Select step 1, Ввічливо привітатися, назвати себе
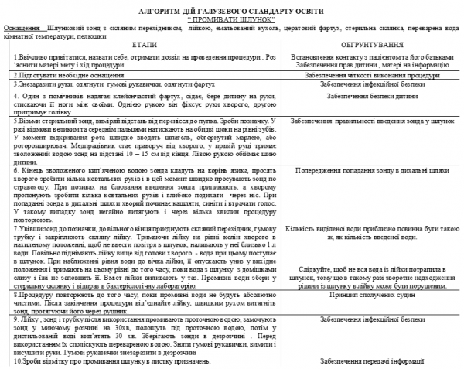click(x=139, y=61)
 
